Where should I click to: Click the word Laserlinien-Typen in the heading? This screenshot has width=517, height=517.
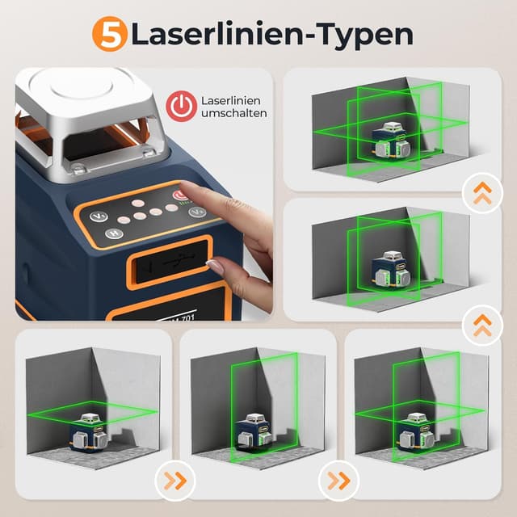pyautogui.click(x=271, y=35)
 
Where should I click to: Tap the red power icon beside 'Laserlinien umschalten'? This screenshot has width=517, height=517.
pyautogui.click(x=181, y=107)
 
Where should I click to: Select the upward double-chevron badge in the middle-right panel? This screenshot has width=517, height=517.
pyautogui.click(x=482, y=325)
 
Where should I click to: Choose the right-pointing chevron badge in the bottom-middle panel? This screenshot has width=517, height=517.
pyautogui.click(x=338, y=481)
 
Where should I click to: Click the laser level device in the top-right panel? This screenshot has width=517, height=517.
pyautogui.click(x=392, y=141)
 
